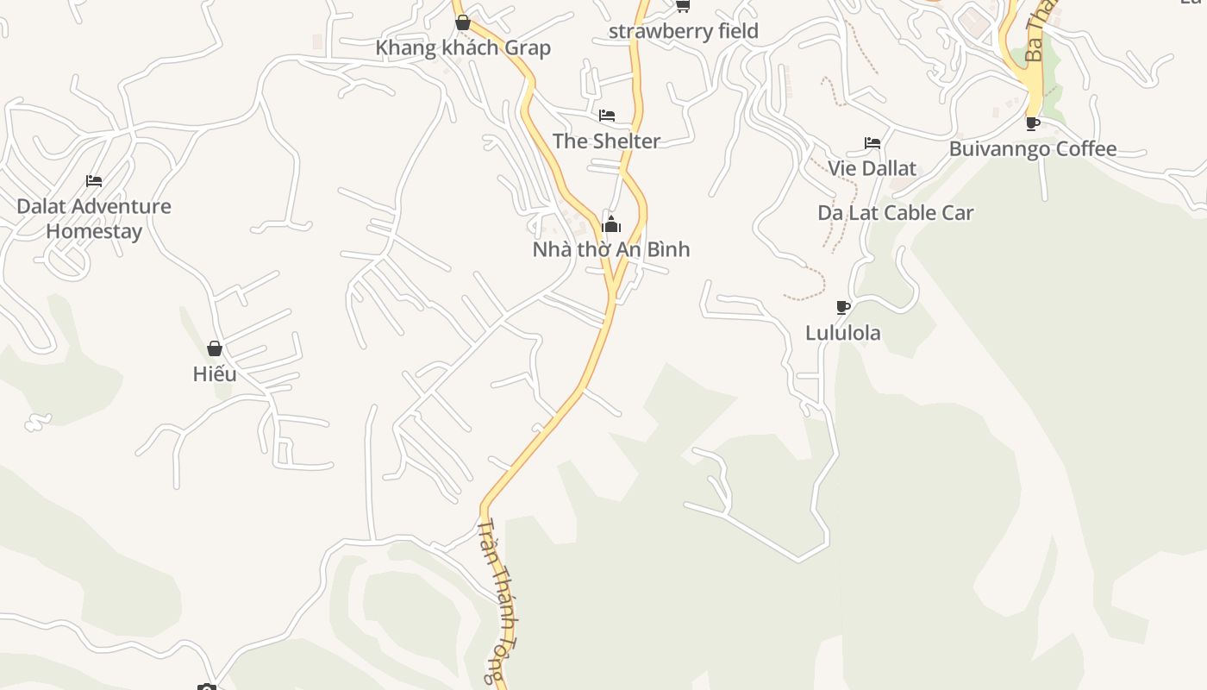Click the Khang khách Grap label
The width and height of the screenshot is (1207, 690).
tap(463, 47)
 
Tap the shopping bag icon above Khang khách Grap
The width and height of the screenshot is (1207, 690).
tap(463, 22)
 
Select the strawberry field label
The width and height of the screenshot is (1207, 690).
tap(684, 31)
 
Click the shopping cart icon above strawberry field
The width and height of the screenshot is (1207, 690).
tap(683, 6)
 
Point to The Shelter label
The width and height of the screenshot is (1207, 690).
tap(606, 141)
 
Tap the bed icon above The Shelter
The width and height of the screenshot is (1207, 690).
tap(607, 116)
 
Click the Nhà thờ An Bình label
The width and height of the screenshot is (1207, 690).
tap(611, 249)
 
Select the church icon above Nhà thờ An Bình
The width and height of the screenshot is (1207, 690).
tap(611, 225)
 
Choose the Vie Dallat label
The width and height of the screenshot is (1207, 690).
tap(872, 168)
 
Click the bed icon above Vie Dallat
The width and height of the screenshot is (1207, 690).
tap(872, 143)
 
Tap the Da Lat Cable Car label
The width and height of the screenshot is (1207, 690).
tap(896, 212)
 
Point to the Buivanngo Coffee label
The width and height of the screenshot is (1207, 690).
tap(1033, 149)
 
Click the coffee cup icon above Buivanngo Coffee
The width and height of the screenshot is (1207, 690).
tap(1033, 123)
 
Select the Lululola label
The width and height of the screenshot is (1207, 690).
tap(843, 333)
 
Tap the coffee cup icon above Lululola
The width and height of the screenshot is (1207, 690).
tap(843, 307)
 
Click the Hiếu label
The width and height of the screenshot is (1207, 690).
tap(215, 374)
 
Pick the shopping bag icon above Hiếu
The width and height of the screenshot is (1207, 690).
tap(215, 348)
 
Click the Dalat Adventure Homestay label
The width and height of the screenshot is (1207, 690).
tap(94, 218)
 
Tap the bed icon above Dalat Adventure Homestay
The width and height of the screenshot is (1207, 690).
tap(94, 181)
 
